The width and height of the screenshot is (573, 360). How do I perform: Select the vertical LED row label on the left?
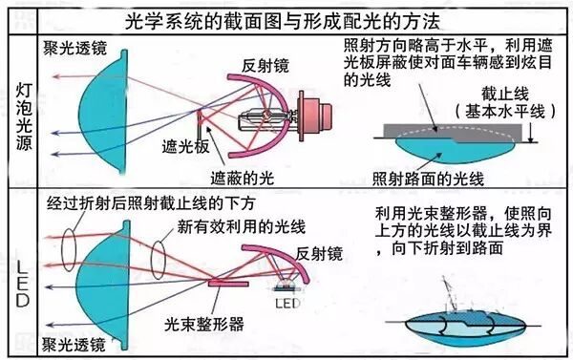pyautogui.click(x=21, y=276)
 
